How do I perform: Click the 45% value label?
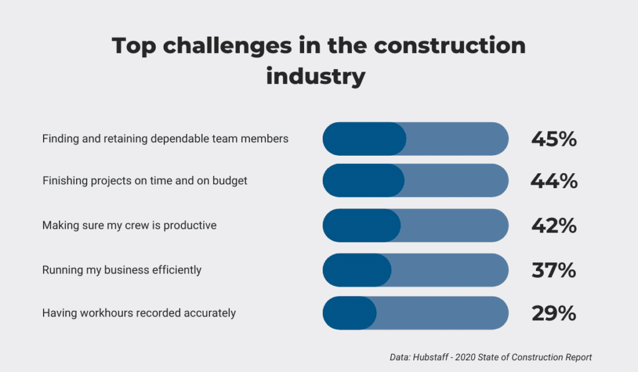(554, 139)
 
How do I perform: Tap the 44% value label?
(554, 181)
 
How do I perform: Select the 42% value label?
(554, 226)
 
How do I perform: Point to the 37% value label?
(554, 270)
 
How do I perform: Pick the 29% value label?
(554, 313)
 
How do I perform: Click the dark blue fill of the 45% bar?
(364, 139)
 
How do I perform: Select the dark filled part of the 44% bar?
(364, 181)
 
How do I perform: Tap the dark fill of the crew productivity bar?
(362, 226)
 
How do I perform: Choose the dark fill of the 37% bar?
(357, 270)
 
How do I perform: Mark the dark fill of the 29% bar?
(350, 313)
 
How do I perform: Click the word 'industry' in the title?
(316, 77)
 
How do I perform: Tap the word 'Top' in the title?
(134, 46)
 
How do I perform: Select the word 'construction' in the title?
(450, 45)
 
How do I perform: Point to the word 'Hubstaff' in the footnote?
(431, 357)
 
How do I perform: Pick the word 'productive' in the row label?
(190, 226)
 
